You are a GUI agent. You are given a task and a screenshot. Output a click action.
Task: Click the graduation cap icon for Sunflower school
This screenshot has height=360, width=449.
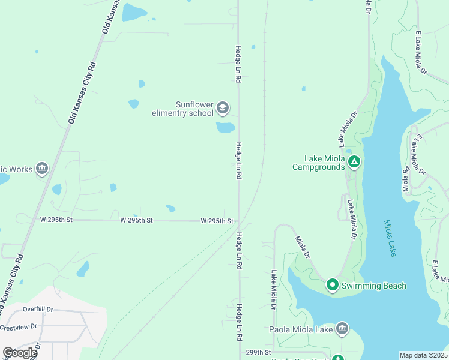click(x=223, y=108)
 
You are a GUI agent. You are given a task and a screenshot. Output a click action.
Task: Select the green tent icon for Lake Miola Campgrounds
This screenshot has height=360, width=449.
click(x=354, y=161)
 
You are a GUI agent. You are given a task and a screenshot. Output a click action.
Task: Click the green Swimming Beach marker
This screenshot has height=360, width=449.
click(x=332, y=285)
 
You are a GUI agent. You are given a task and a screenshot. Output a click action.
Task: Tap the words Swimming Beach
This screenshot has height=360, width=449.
click(x=374, y=286)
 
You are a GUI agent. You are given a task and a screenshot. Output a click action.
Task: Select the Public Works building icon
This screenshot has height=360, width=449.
click(x=41, y=169)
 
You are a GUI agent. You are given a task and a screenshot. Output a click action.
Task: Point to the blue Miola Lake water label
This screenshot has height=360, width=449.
click(x=390, y=238)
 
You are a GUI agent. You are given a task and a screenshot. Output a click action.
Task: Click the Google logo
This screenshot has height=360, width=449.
click(x=20, y=353)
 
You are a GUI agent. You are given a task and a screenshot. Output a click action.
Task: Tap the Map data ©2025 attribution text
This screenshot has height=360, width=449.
click(x=423, y=355)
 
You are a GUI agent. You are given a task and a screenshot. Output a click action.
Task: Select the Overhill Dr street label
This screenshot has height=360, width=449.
click(x=38, y=309)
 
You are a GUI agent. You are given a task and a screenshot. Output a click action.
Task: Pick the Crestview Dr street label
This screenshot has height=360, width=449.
click(x=18, y=328)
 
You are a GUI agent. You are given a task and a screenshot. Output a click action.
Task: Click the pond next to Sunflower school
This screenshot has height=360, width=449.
click(x=225, y=127)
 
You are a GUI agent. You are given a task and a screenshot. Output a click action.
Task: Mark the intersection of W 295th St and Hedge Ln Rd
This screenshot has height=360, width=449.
click(x=239, y=221)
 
